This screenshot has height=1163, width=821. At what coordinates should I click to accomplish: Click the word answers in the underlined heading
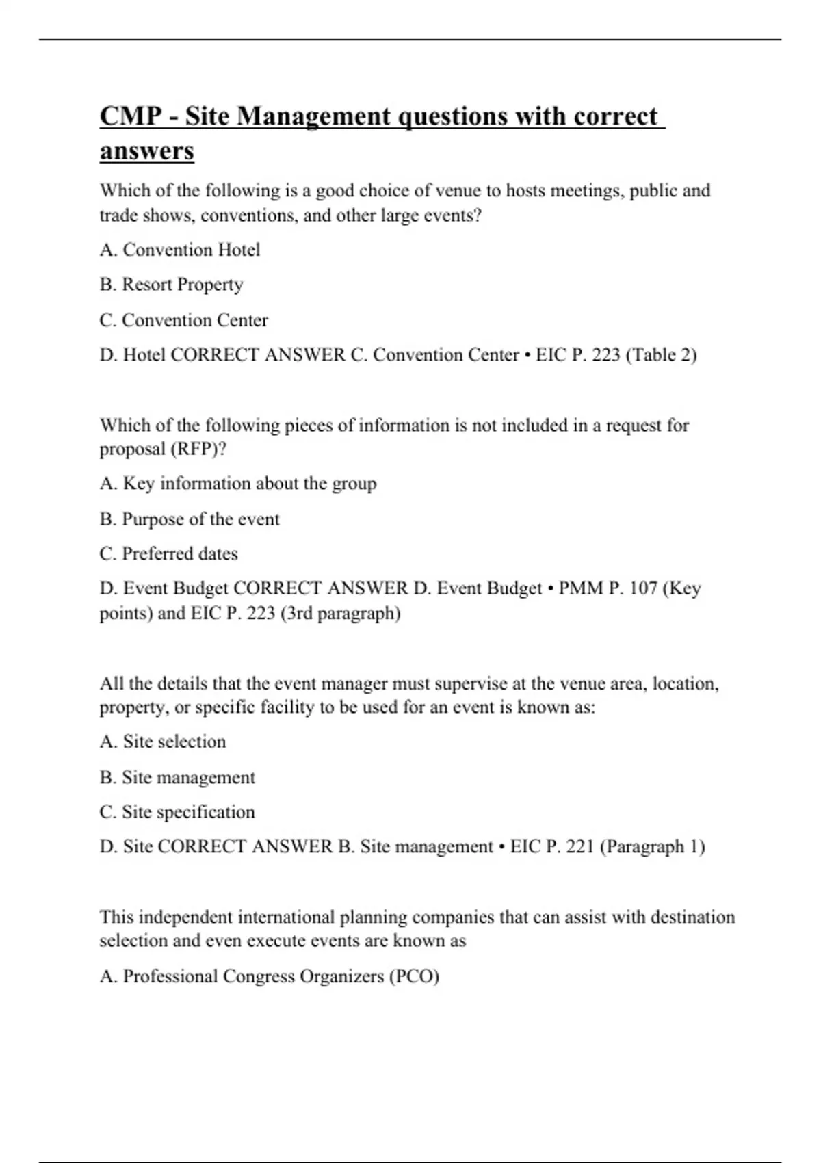[x=146, y=151]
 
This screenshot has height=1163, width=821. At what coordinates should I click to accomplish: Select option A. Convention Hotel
[x=180, y=250]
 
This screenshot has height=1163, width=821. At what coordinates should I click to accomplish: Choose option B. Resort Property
[x=171, y=285]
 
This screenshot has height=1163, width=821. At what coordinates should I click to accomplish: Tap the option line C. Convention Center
[x=183, y=320]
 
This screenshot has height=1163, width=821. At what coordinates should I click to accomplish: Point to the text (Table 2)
[x=661, y=355]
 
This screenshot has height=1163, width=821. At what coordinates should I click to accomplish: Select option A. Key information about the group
[x=238, y=484]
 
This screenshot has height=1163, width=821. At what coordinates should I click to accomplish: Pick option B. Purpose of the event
[x=190, y=519]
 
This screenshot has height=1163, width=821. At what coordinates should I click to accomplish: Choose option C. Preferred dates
[x=168, y=553]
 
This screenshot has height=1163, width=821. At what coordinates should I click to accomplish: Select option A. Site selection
[x=163, y=742]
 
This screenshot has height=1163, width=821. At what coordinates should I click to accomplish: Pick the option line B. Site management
[x=177, y=778]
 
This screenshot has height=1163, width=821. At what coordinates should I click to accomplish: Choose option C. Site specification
[x=177, y=812]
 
